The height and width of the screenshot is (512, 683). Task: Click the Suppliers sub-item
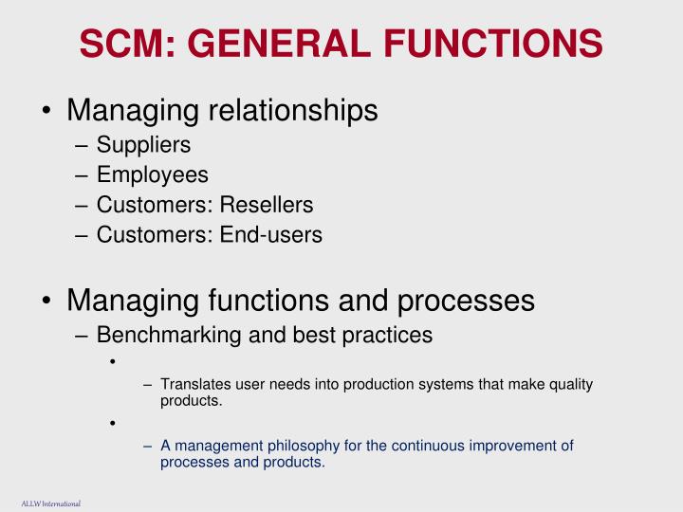point(143,145)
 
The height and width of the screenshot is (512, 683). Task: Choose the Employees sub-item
point(152,174)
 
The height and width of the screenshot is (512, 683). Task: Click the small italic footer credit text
point(50,503)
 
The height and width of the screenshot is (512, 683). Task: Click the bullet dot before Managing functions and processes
point(47,302)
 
